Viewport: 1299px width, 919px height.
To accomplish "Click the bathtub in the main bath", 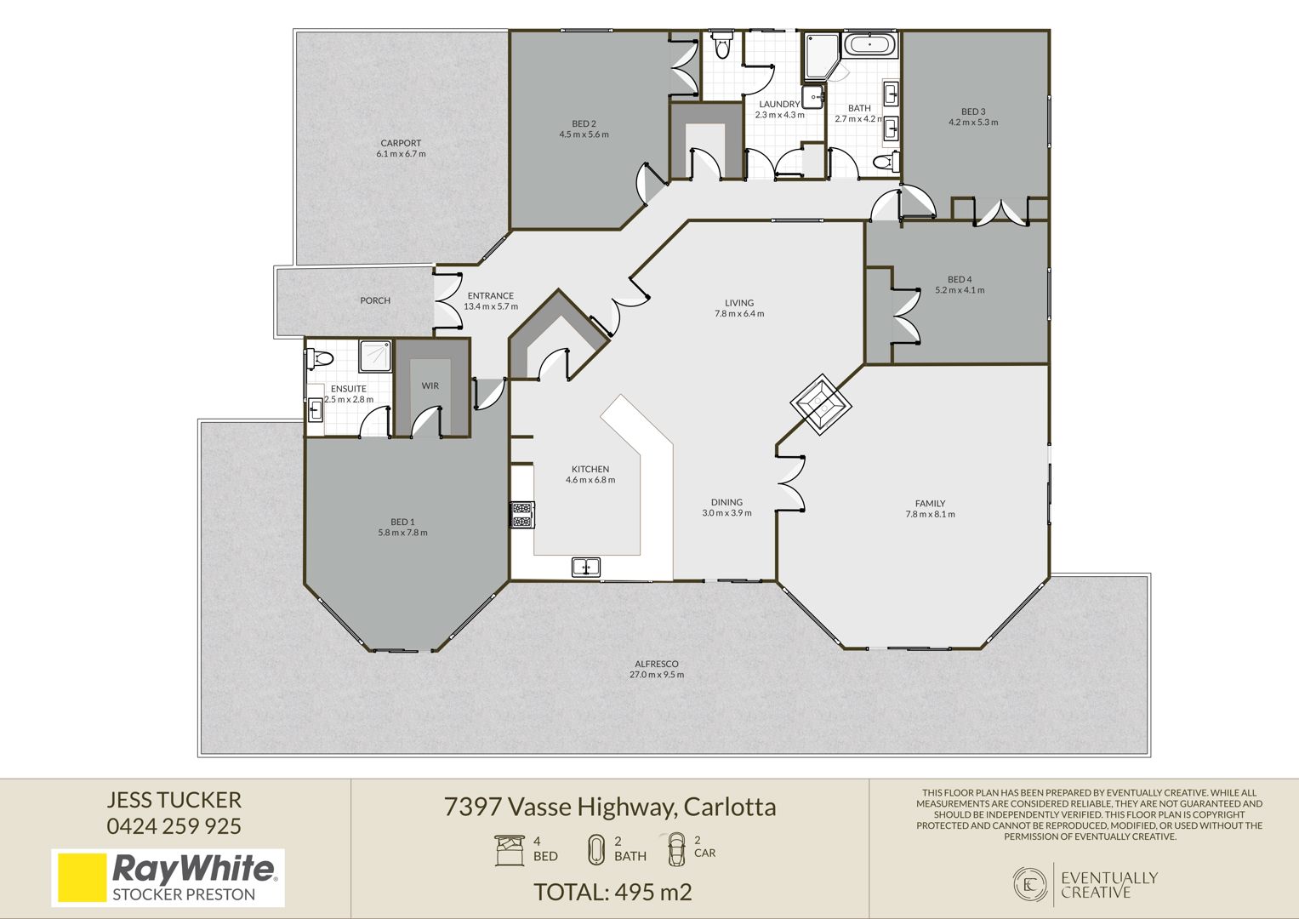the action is [870, 44].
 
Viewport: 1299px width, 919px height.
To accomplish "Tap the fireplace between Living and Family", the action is [821, 405].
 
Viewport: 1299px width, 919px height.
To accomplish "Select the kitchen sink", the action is [586, 566].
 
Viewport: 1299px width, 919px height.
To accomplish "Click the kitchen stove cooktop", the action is [522, 514].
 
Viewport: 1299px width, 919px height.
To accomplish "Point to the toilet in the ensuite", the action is [319, 358].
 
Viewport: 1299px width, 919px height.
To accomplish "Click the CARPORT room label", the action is [401, 143].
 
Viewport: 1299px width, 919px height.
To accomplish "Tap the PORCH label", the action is [375, 300].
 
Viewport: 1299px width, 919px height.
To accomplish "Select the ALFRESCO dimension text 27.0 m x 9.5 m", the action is [657, 675].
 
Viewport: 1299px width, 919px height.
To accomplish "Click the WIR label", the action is [430, 385].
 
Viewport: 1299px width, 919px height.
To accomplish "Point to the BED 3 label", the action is [973, 111].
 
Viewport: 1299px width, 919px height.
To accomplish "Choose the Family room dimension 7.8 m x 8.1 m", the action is [930, 514].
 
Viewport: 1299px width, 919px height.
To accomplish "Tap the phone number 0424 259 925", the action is [174, 826].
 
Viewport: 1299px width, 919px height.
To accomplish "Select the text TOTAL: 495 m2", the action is [612, 893].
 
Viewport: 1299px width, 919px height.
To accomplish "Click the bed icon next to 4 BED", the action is [510, 851].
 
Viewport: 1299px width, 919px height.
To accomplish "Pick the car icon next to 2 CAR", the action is [676, 849].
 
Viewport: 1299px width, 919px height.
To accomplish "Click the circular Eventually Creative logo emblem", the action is [1030, 885].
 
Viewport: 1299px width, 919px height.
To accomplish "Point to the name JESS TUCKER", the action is [174, 800].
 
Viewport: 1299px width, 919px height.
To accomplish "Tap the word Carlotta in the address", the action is [730, 807].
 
